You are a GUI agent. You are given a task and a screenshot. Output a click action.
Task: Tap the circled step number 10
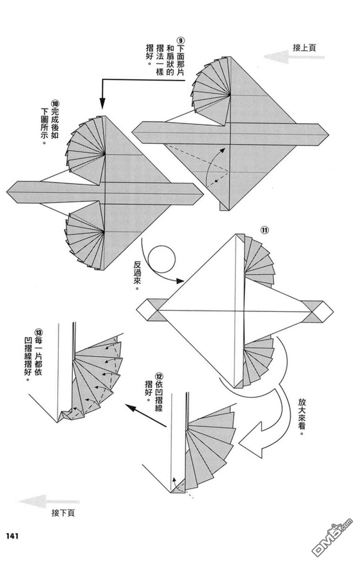[55, 103]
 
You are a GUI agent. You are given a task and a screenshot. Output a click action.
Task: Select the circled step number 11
[265, 230]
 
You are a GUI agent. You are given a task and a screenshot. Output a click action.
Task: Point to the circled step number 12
[159, 376]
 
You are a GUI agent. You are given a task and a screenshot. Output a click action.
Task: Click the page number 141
[12, 536]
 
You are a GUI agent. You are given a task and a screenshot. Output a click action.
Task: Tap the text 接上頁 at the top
[304, 48]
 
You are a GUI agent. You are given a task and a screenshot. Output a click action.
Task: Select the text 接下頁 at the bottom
[63, 513]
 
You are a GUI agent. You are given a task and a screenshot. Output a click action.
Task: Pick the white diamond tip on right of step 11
[323, 310]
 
